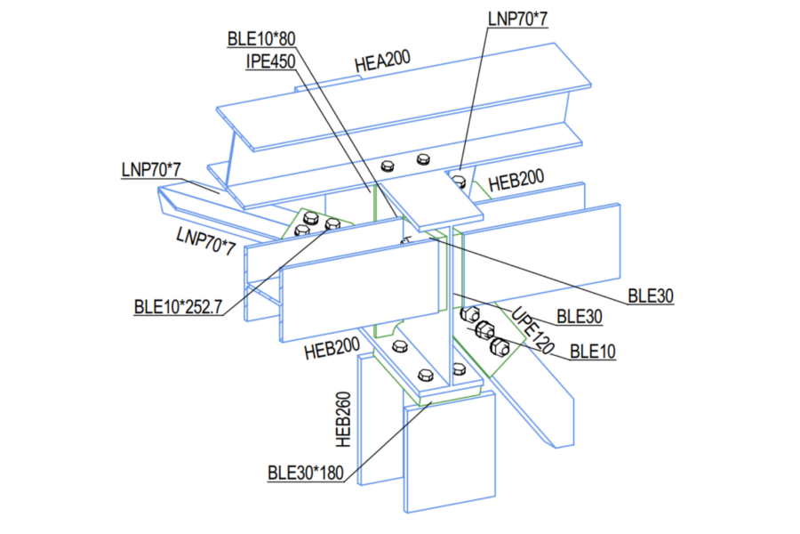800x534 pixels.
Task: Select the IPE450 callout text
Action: pyautogui.click(x=270, y=61)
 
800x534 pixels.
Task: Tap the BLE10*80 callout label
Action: pyautogui.click(x=261, y=38)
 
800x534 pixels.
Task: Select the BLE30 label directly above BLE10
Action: pyautogui.click(x=580, y=316)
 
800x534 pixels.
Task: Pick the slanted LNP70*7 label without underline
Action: pyautogui.click(x=205, y=241)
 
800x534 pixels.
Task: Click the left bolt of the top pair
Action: pyautogui.click(x=388, y=166)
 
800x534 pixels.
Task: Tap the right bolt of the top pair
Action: pyautogui.click(x=423, y=161)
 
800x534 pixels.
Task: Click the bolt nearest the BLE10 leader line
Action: pyautogui.click(x=500, y=345)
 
